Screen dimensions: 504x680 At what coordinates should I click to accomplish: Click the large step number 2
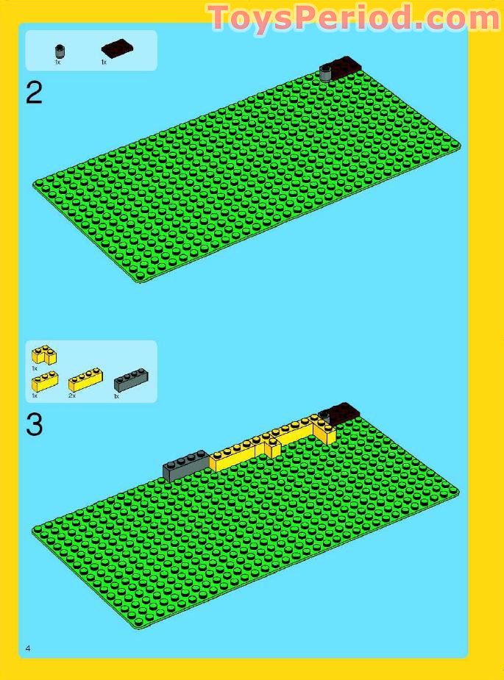point(35,93)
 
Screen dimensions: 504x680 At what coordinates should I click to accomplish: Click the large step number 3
point(35,425)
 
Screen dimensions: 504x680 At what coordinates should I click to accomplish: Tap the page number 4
point(28,648)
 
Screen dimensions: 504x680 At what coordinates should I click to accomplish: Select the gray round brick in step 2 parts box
point(60,51)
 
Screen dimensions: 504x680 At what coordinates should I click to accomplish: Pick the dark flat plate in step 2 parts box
point(117,48)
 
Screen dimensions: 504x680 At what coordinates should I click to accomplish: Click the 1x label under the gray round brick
point(57,62)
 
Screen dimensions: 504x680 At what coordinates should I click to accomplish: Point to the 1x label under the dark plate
point(104,62)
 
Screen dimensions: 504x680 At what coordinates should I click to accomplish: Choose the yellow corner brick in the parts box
point(44,355)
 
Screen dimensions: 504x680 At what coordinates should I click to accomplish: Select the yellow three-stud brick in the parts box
point(45,382)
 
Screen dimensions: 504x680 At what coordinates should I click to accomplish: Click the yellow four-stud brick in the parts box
point(85,380)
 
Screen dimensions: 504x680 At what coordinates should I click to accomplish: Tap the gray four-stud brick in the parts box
point(131,380)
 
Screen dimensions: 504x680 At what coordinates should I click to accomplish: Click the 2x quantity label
point(71,396)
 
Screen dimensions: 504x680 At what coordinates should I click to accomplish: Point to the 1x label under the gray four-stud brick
point(116,396)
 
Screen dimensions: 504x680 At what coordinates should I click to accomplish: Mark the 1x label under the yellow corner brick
point(35,368)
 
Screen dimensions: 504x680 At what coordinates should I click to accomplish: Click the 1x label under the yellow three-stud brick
point(35,396)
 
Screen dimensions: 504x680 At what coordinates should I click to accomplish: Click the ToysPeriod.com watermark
point(354,18)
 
